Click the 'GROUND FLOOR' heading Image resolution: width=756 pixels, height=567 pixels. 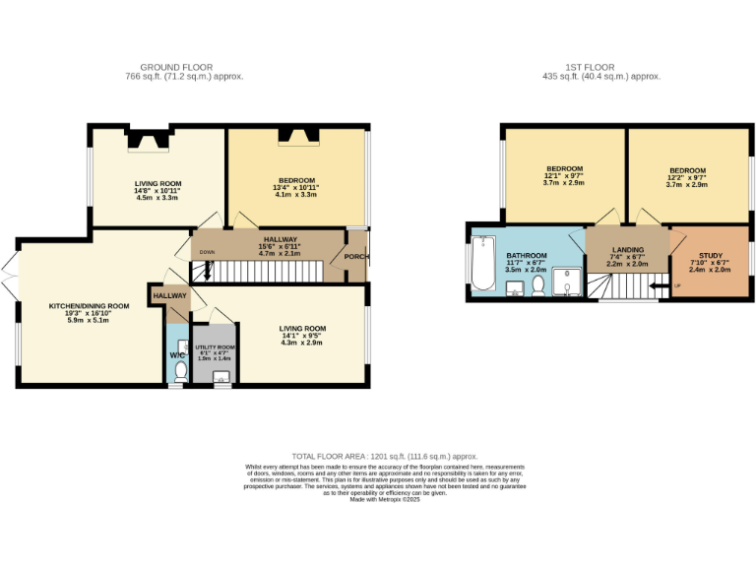click(184, 67)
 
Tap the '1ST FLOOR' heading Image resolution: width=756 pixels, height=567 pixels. click(602, 67)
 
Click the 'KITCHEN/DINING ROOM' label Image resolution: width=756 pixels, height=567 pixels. click(90, 306)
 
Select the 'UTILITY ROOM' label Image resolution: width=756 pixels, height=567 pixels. click(215, 347)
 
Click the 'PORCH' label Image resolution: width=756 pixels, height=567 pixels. click(355, 259)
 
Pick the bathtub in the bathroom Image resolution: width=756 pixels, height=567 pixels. click(482, 264)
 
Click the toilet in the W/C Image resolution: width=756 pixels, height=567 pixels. click(179, 372)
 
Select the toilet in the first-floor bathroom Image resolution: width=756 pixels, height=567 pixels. click(537, 285)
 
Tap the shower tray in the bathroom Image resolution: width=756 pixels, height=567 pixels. click(568, 283)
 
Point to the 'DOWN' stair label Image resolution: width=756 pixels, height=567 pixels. click(207, 252)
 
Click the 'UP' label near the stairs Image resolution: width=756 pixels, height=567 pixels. click(677, 287)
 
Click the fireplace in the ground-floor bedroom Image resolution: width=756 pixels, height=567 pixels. click(296, 138)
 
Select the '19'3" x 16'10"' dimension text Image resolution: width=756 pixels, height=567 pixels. click(90, 313)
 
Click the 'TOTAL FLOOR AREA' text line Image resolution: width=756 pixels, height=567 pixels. click(377, 457)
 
